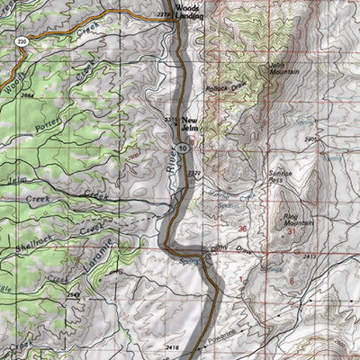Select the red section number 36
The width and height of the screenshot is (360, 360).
pyautogui.click(x=242, y=229)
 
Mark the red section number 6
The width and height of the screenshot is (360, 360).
pyautogui.click(x=291, y=280)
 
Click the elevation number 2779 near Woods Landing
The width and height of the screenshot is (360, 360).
pyautogui.click(x=187, y=17)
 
